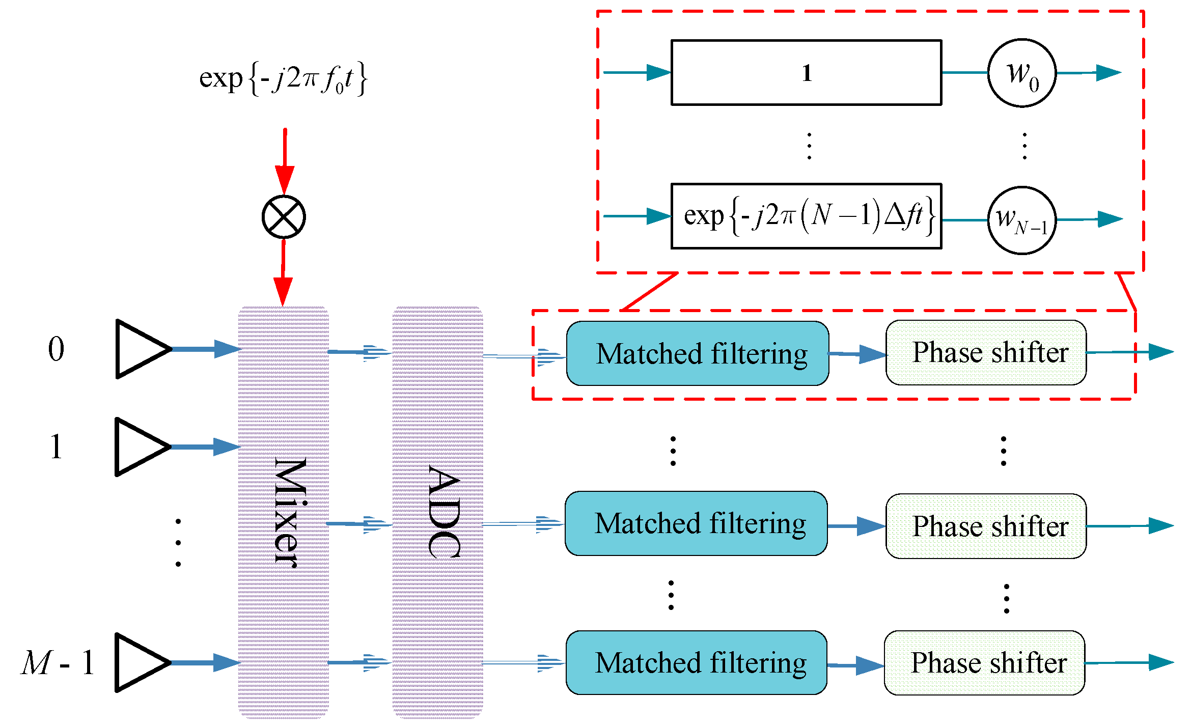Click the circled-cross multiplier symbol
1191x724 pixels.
click(284, 217)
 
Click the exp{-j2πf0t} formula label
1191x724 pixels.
click(283, 78)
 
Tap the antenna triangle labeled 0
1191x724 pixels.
click(140, 349)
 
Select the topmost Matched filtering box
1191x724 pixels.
click(697, 353)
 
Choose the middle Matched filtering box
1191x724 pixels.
click(696, 523)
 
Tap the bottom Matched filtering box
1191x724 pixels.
click(696, 662)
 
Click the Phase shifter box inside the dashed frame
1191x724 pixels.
click(986, 352)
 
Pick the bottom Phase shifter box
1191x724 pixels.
click(984, 662)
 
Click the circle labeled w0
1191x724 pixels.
click(1021, 73)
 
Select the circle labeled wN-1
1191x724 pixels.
click(1021, 220)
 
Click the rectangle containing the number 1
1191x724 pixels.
click(806, 73)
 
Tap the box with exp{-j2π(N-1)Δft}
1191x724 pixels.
click(806, 216)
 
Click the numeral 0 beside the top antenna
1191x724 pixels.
click(56, 349)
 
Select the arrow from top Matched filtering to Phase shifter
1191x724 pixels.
click(857, 354)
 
